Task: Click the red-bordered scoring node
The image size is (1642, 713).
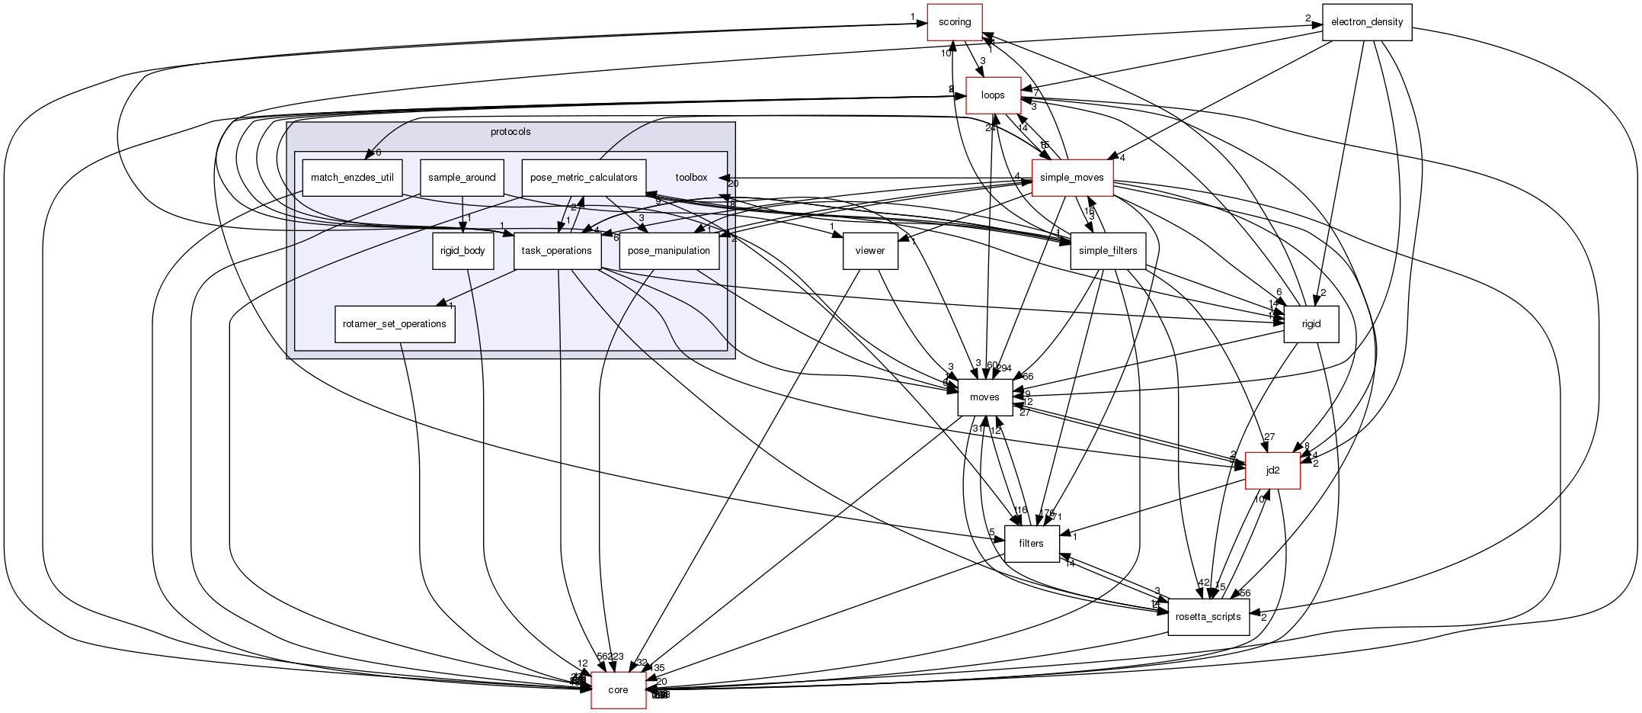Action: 954,22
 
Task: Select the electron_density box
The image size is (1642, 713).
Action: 1366,22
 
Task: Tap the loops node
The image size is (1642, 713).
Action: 993,95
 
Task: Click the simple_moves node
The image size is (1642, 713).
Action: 1071,178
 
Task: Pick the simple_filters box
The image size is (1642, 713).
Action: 1108,251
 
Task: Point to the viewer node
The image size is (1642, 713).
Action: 870,251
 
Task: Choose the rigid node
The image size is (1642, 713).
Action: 1311,324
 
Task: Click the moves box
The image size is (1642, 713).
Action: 984,397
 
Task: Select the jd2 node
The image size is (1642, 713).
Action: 1272,471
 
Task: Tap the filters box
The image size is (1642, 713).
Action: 1031,544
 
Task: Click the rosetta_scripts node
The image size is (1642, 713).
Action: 1208,617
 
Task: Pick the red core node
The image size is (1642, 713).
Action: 618,690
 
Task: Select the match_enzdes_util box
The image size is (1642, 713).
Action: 352,178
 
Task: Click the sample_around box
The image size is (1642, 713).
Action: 462,178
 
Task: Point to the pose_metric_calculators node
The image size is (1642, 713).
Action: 584,178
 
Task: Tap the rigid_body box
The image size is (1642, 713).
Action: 463,251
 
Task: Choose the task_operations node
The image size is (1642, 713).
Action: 557,251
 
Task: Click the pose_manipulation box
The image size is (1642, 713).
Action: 669,251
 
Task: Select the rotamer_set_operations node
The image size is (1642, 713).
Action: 395,324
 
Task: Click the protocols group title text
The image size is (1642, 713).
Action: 511,132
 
